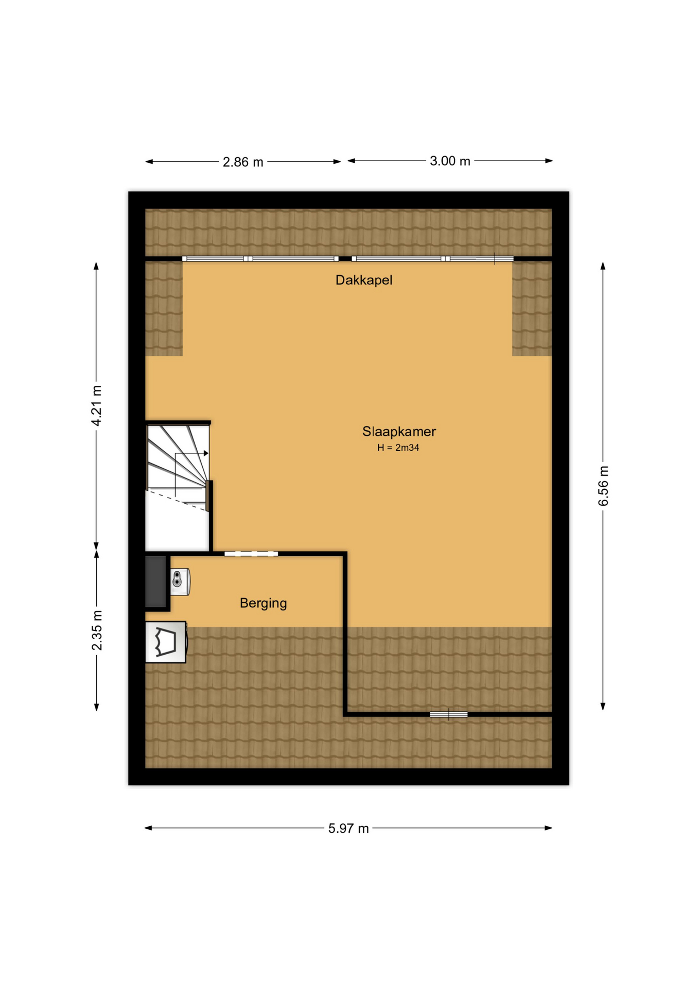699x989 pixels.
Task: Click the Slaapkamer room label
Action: [x=399, y=432]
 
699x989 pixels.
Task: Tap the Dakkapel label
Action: [x=364, y=280]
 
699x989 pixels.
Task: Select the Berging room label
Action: [x=263, y=603]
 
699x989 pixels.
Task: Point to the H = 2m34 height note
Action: [x=398, y=448]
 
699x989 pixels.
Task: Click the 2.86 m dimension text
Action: [x=243, y=162]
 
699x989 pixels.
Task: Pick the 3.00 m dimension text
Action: [x=450, y=161]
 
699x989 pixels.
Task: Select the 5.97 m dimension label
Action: [x=348, y=828]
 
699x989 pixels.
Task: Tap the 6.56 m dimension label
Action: [x=603, y=486]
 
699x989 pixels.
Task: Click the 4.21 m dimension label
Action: [x=96, y=405]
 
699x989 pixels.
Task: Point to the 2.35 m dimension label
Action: [x=97, y=630]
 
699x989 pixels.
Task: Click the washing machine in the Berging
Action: [x=166, y=642]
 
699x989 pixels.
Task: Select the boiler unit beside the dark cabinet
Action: [x=180, y=582]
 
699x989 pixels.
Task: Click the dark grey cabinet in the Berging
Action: [x=156, y=581]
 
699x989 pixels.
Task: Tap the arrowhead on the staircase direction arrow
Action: [x=206, y=453]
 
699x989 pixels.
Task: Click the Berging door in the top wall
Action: [x=251, y=554]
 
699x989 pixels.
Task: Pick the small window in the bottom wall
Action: [x=449, y=714]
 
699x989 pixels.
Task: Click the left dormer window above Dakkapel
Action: [x=260, y=259]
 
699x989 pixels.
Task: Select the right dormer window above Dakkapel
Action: [x=432, y=259]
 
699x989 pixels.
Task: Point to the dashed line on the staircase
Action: [x=177, y=500]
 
